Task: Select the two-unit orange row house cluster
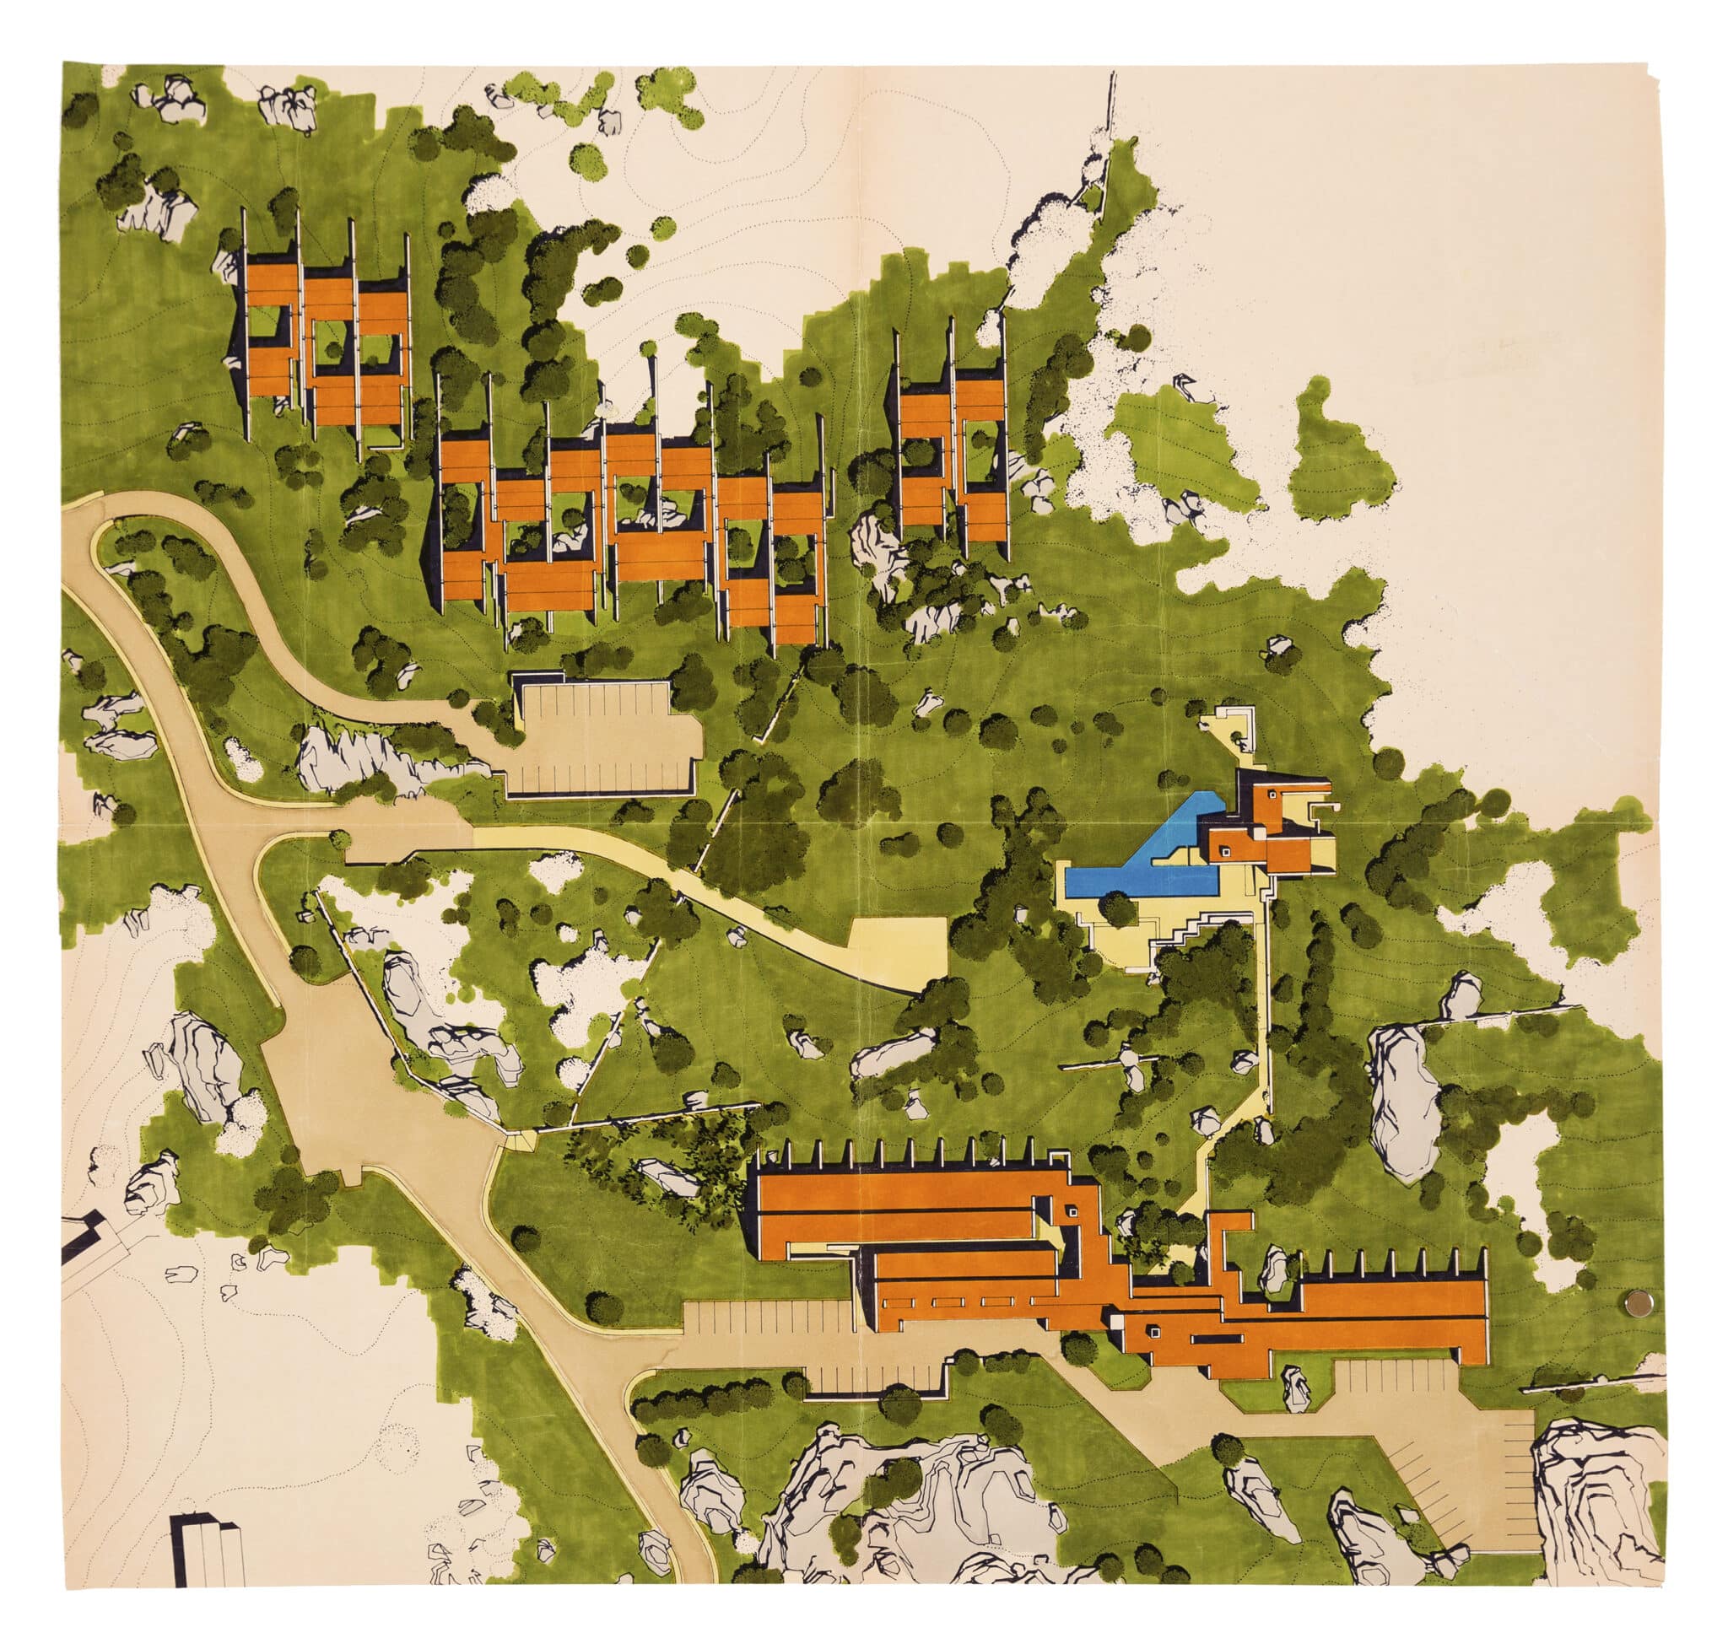coord(954,457)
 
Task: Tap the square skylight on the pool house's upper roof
coord(1272,795)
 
